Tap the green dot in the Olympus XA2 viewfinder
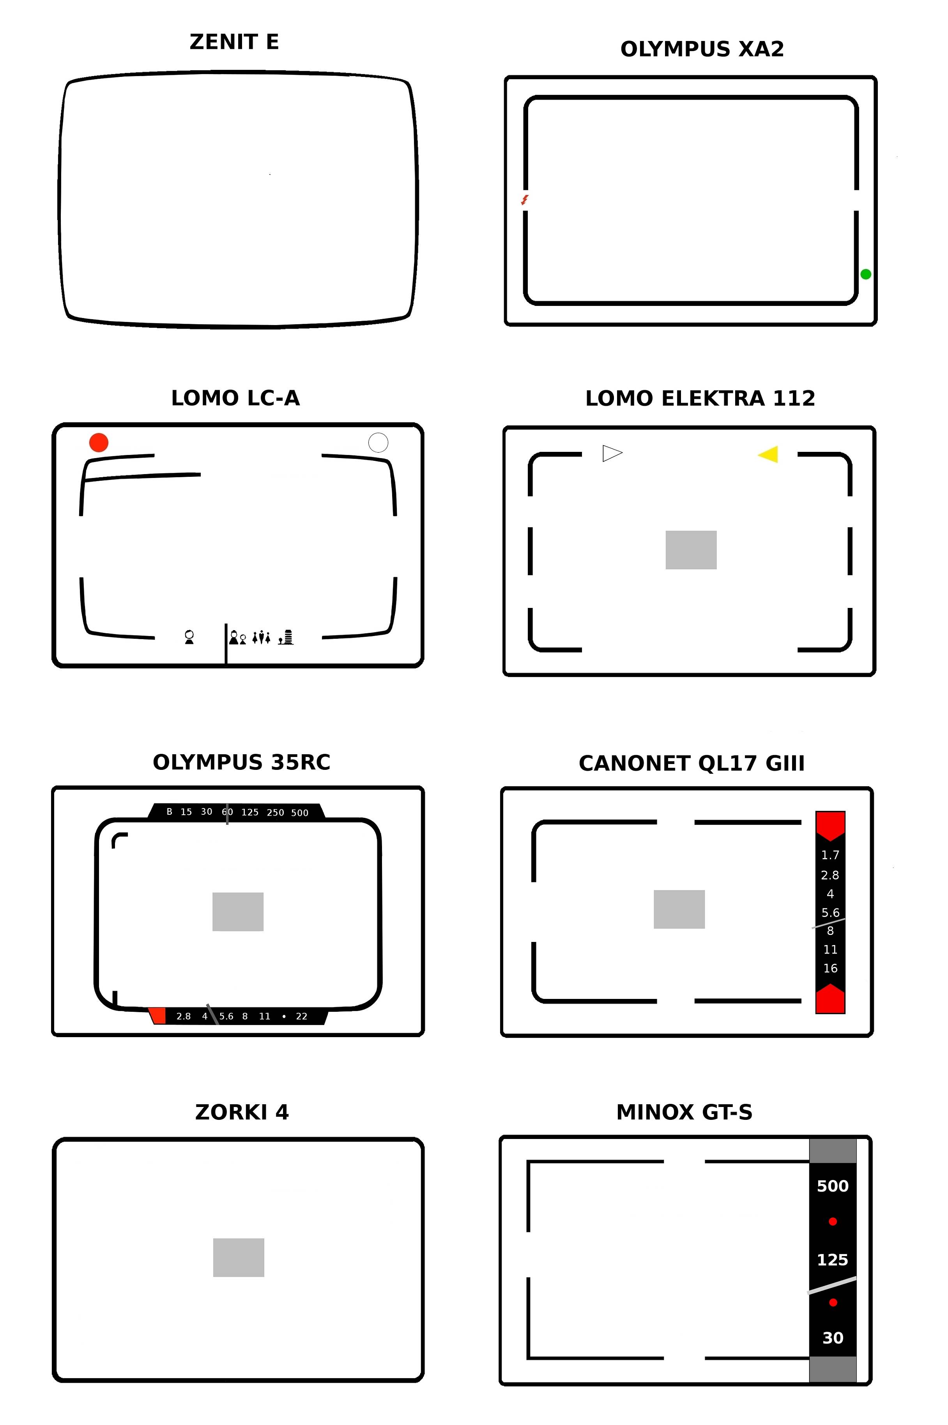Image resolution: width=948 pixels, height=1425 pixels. coord(865,274)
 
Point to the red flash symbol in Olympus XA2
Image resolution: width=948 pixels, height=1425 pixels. coord(525,200)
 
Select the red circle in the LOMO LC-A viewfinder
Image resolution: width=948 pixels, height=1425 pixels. coord(99,442)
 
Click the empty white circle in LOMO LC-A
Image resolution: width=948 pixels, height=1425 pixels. coord(378,442)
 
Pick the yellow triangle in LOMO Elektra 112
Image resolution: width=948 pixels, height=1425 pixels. coord(768,454)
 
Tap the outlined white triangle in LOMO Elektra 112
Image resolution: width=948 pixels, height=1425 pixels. coord(612,453)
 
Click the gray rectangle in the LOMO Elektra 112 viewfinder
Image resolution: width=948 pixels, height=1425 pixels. coord(691,550)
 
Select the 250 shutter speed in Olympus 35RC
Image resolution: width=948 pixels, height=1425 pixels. coord(275,813)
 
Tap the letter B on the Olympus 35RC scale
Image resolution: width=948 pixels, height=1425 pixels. coord(169,812)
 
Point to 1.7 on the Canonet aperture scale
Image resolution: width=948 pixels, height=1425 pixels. coord(830,855)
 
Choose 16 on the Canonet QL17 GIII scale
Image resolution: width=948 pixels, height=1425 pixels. coord(831,968)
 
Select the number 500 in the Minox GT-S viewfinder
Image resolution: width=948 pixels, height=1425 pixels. coord(833,1187)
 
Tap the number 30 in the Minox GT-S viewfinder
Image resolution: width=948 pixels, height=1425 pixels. coord(833,1338)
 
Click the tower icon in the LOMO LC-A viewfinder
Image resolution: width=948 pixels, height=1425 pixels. coord(287,637)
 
